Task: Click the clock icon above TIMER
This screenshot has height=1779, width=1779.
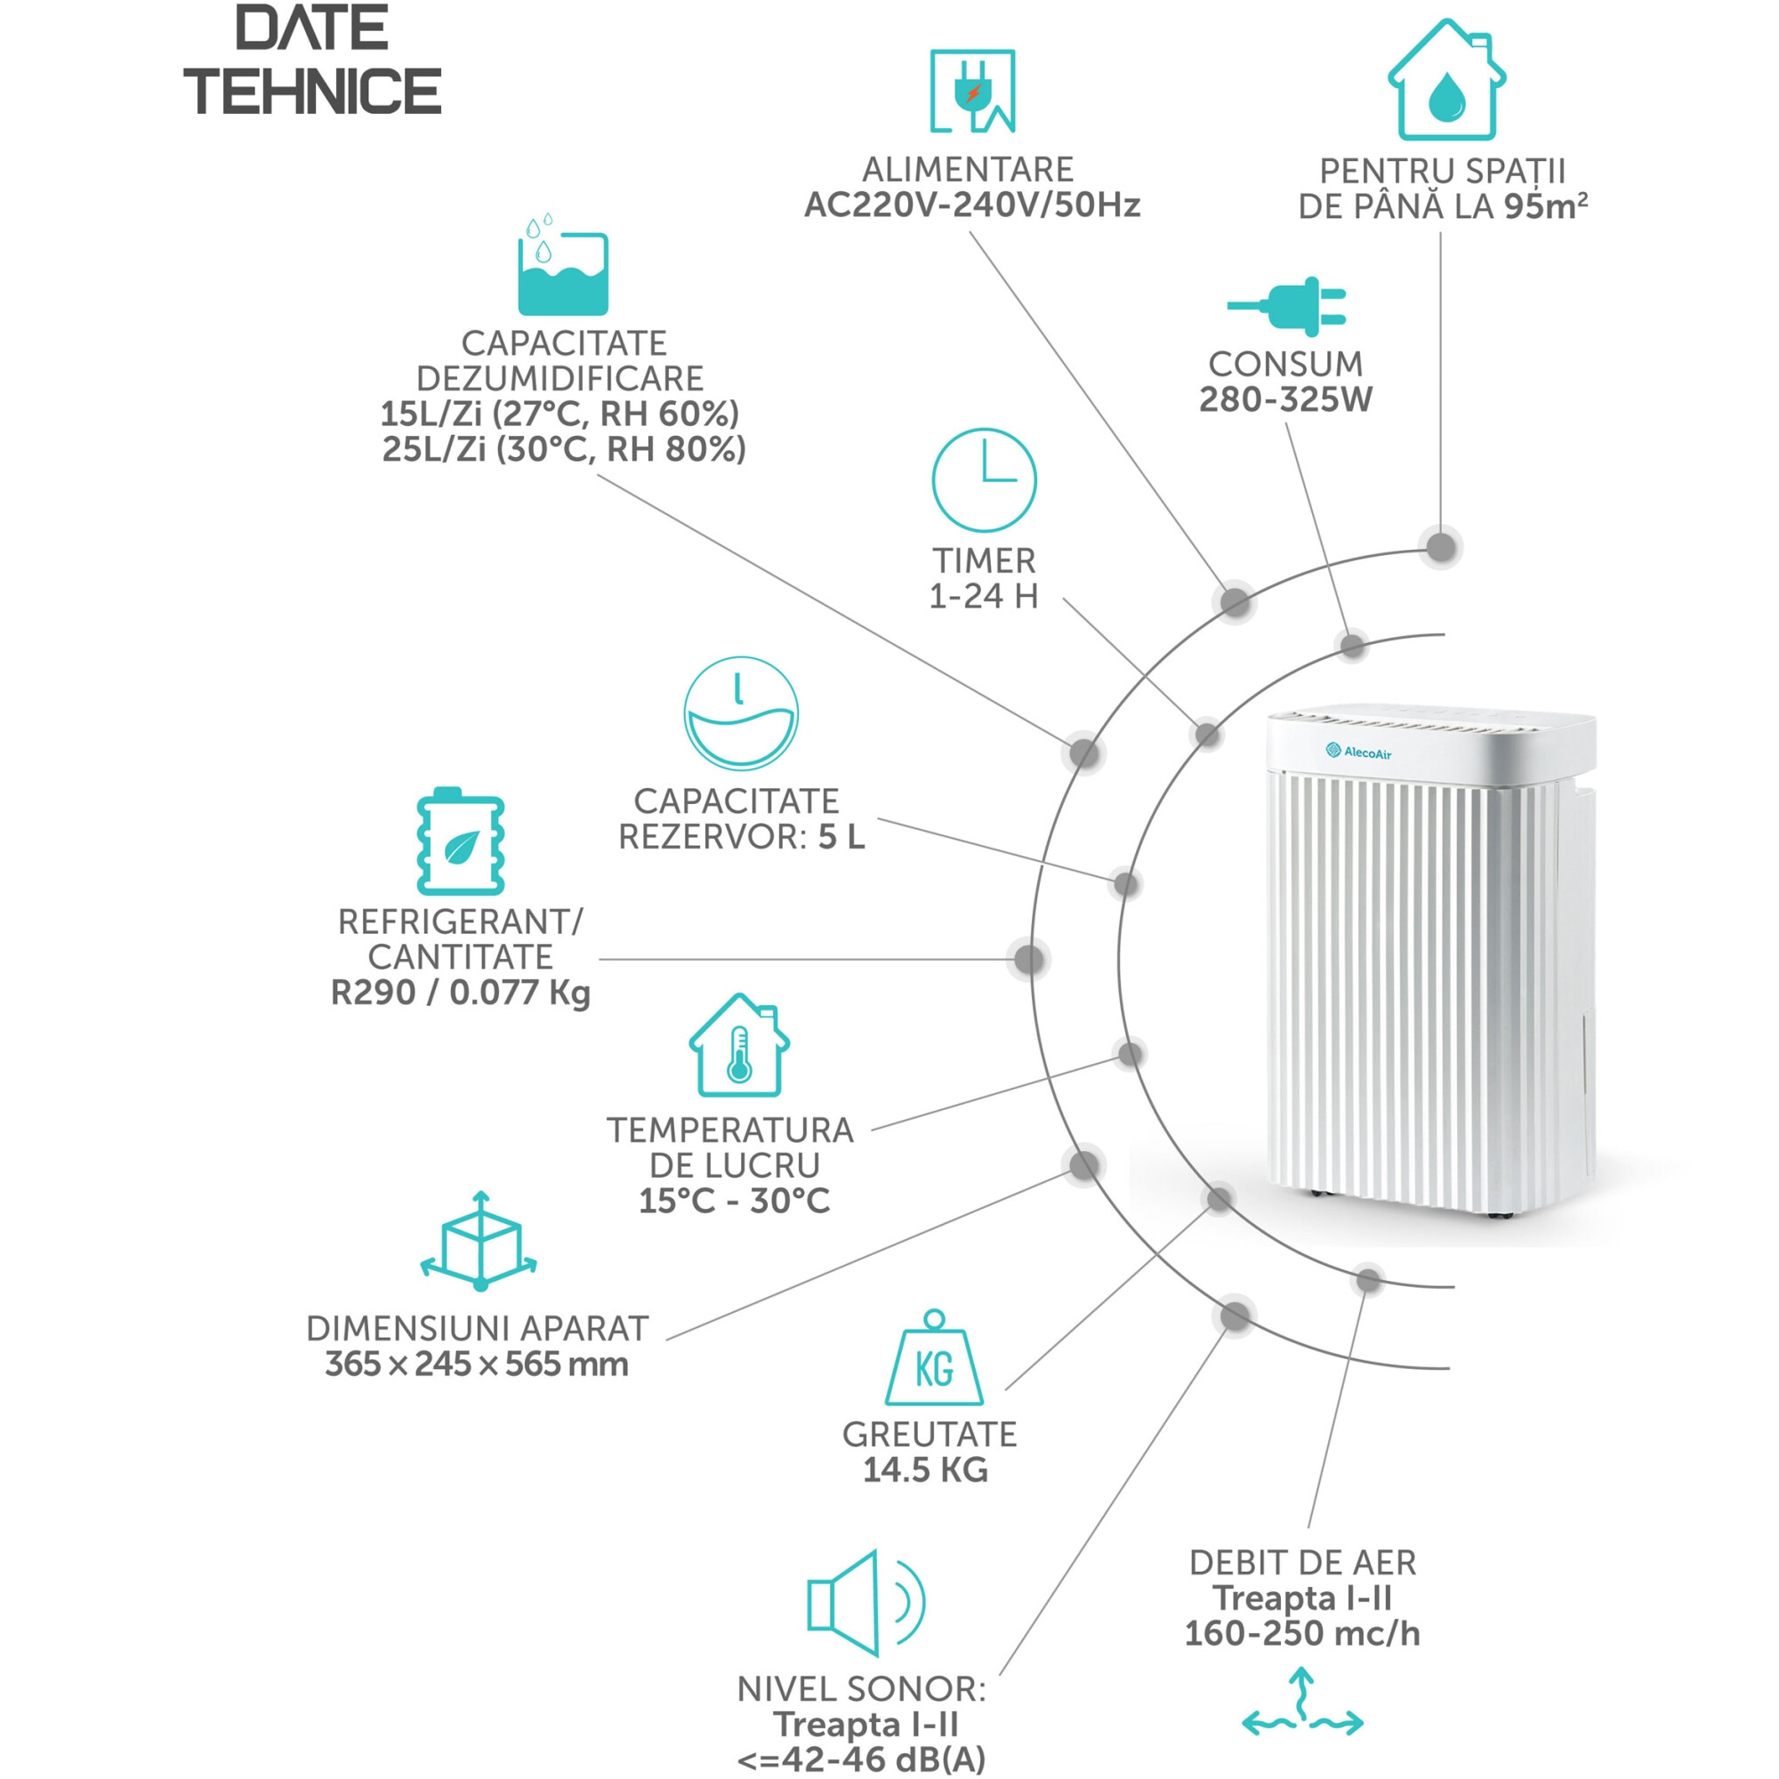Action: click(x=984, y=479)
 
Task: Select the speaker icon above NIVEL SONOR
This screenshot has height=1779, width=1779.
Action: click(x=865, y=1603)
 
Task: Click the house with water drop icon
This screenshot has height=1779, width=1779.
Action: click(x=1445, y=80)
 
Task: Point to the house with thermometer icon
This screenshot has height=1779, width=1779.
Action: click(x=738, y=1045)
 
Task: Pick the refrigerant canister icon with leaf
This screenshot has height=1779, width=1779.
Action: click(x=461, y=841)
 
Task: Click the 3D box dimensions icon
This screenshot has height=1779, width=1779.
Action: click(x=479, y=1241)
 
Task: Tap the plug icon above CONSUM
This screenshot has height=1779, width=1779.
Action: click(x=1286, y=306)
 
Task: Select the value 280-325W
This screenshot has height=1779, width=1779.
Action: click(x=1285, y=399)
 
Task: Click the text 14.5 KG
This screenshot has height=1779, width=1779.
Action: click(x=925, y=1469)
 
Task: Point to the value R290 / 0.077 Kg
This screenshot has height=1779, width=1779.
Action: click(x=461, y=993)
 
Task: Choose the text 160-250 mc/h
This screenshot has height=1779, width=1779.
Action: click(x=1302, y=1632)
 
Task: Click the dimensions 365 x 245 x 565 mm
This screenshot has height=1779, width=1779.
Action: click(x=477, y=1364)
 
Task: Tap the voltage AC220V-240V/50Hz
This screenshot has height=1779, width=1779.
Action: click(x=972, y=205)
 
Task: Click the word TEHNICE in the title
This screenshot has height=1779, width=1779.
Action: click(x=313, y=91)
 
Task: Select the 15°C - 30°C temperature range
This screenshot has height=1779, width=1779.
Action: click(x=735, y=1201)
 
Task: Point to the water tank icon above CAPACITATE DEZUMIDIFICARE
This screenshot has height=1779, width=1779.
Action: click(x=563, y=264)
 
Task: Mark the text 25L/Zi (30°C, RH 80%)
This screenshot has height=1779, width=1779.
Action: click(x=564, y=449)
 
